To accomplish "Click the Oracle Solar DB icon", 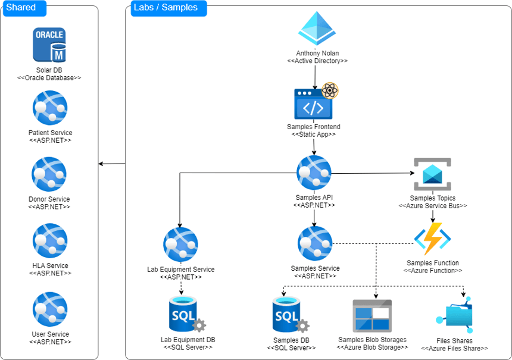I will (49, 45).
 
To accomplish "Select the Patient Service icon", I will (49, 108).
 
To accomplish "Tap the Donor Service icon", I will (49, 174).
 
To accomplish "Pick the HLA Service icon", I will (49, 241).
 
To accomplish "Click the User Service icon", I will (49, 309).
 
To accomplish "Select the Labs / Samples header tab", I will (168, 8).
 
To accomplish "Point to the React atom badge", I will (330, 90).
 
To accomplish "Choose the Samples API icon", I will (314, 173).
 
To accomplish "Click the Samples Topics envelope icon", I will (432, 174).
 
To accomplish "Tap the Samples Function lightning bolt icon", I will (432, 239).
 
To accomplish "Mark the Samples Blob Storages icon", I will (372, 315).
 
